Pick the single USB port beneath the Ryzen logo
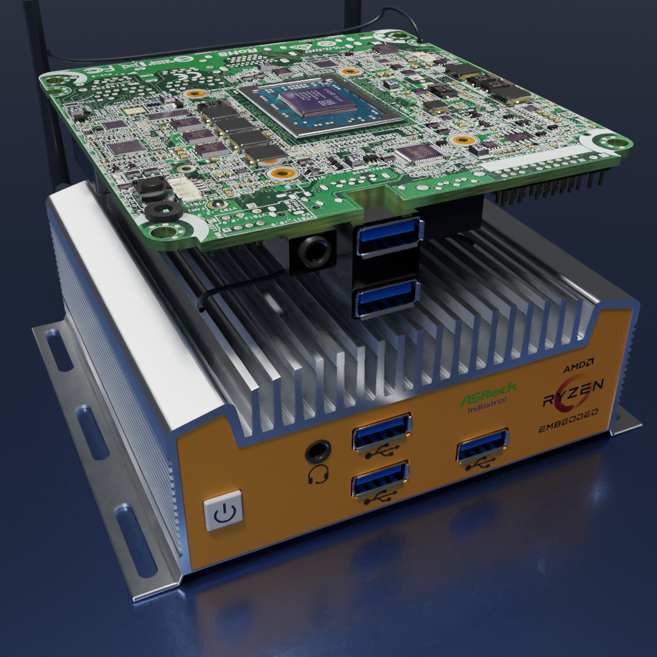pyautogui.click(x=482, y=445)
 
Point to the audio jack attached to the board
pyautogui.click(x=314, y=253)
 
